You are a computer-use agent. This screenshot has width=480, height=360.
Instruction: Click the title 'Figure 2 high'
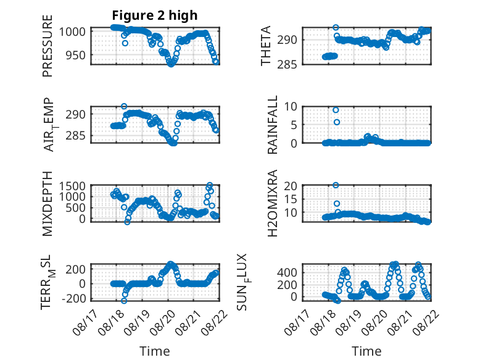pyautogui.click(x=155, y=15)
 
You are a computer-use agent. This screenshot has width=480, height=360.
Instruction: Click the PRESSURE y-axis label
pyautogui.click(x=48, y=46)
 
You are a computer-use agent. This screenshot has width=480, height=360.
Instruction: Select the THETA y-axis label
pyautogui.click(x=266, y=46)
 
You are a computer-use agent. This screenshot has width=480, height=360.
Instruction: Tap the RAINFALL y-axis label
pyautogui.click(x=273, y=124)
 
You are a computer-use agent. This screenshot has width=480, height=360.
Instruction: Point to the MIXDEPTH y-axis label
pyautogui.click(x=48, y=203)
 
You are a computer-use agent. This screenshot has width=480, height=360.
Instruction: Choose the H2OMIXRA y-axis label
pyautogui.click(x=273, y=203)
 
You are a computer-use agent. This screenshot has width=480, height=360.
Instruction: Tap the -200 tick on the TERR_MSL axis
pyautogui.click(x=73, y=298)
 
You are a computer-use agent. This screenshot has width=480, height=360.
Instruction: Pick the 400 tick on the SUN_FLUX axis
pyautogui.click(x=287, y=272)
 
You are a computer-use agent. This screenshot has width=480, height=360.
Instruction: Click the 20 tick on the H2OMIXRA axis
pyautogui.click(x=290, y=186)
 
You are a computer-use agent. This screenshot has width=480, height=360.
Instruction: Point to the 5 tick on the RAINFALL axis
pyautogui.click(x=294, y=125)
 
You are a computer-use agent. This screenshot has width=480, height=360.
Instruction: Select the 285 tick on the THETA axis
pyautogui.click(x=287, y=65)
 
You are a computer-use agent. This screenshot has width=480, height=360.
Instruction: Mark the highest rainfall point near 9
pyautogui.click(x=336, y=110)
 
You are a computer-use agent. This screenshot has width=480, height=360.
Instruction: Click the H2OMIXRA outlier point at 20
pyautogui.click(x=336, y=185)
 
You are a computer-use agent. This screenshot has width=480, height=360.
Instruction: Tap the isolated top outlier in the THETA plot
pyautogui.click(x=336, y=27)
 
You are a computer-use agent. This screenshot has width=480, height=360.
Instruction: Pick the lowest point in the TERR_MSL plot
pyautogui.click(x=124, y=301)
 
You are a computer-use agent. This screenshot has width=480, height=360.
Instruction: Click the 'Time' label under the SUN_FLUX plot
pyautogui.click(x=366, y=351)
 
